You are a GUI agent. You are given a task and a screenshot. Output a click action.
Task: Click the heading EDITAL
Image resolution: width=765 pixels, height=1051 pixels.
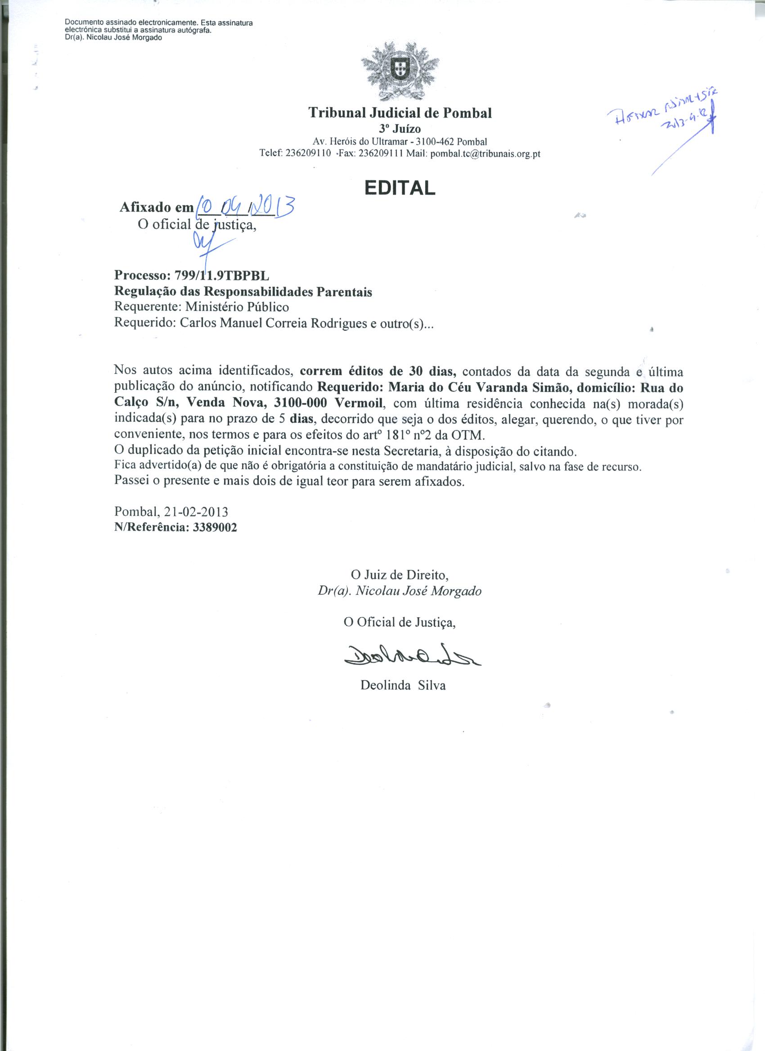(400, 187)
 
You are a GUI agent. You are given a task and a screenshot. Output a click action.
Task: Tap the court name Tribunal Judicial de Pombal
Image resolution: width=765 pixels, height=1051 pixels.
(400, 112)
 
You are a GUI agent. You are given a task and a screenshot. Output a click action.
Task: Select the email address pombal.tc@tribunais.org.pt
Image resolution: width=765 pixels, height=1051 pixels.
(485, 154)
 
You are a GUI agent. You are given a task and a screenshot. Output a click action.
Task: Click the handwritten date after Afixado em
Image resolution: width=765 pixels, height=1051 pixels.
(246, 206)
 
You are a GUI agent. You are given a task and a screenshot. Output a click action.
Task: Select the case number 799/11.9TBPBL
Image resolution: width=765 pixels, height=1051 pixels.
(221, 276)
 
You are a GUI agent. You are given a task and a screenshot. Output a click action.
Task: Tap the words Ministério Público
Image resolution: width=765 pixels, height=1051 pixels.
(237, 307)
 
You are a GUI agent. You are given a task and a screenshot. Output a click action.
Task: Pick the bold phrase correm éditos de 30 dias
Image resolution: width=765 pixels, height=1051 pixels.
(378, 371)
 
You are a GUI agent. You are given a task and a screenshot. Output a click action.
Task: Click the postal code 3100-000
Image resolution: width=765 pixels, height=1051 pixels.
(301, 403)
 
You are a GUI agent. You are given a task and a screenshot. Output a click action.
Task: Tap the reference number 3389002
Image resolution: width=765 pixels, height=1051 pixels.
(213, 528)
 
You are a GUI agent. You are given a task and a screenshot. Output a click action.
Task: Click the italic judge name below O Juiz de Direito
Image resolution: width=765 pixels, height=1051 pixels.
(400, 591)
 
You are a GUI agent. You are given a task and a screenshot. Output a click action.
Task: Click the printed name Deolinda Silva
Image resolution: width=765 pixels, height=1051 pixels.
(403, 685)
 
